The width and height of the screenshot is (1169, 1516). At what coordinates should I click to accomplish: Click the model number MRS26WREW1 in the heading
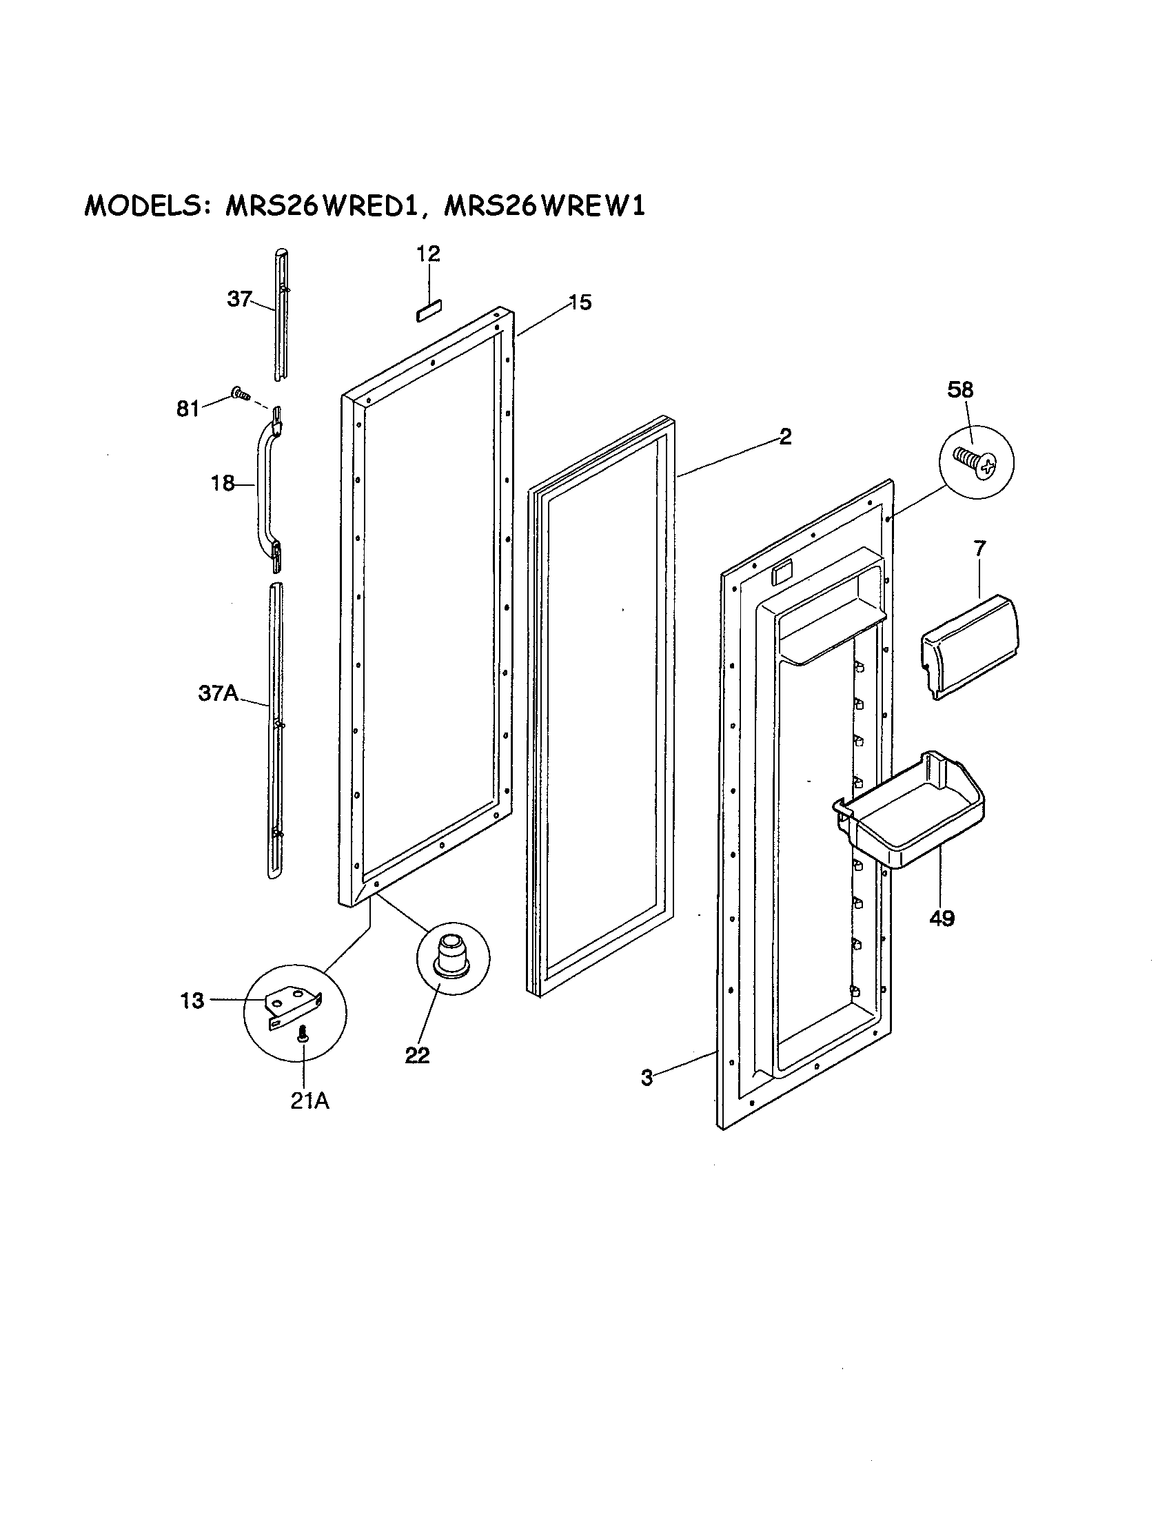[544, 206]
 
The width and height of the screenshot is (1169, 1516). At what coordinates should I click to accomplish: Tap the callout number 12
[428, 254]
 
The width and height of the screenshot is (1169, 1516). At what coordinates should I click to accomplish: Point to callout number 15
[580, 303]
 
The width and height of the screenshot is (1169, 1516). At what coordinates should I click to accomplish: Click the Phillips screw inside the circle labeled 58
[975, 460]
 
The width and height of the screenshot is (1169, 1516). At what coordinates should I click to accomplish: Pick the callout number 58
[960, 390]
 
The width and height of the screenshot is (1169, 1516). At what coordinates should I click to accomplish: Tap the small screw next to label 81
[241, 394]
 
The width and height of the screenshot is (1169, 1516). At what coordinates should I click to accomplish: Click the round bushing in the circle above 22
[452, 953]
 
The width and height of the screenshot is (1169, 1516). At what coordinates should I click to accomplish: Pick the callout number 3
[647, 1078]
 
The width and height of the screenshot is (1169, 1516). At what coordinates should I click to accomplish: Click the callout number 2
[784, 437]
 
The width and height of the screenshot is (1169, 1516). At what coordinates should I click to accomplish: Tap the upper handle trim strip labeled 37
[279, 316]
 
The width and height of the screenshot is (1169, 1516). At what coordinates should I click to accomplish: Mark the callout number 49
[942, 919]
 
